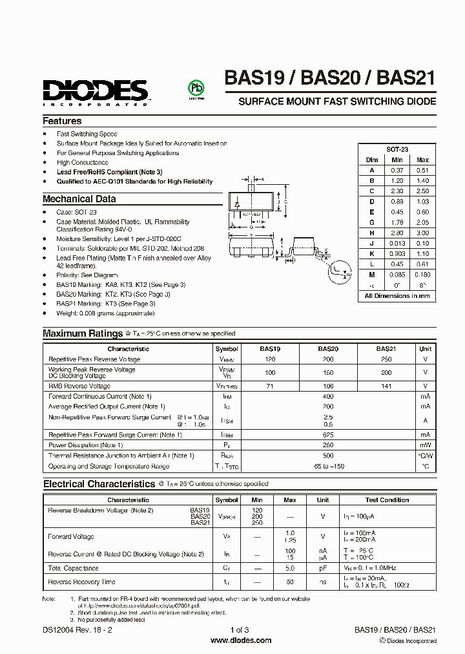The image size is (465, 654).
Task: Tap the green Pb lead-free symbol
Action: pyautogui.click(x=192, y=89)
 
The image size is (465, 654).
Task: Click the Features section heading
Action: pyautogui.click(x=62, y=121)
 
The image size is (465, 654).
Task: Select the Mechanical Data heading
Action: pyautogui.click(x=79, y=199)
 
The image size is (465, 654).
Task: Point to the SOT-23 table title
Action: pyautogui.click(x=397, y=149)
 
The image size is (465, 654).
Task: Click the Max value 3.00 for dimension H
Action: pyautogui.click(x=422, y=233)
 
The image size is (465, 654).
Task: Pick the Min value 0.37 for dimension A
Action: pyautogui.click(x=397, y=170)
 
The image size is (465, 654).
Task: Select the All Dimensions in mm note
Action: pyautogui.click(x=397, y=295)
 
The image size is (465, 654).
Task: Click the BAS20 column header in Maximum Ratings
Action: pyautogui.click(x=328, y=348)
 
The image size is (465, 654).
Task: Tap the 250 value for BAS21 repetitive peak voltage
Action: pyautogui.click(x=386, y=359)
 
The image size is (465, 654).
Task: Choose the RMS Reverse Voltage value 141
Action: pyautogui.click(x=386, y=385)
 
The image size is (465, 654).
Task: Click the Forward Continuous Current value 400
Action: pyautogui.click(x=328, y=396)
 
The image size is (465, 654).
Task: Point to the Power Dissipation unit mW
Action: pyautogui.click(x=425, y=445)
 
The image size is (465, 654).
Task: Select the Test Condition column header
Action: pyautogui.click(x=387, y=500)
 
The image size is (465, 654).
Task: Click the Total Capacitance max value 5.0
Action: pyautogui.click(x=290, y=568)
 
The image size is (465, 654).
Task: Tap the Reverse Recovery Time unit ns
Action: pyautogui.click(x=322, y=582)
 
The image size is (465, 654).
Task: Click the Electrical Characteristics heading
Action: pyautogui.click(x=99, y=483)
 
